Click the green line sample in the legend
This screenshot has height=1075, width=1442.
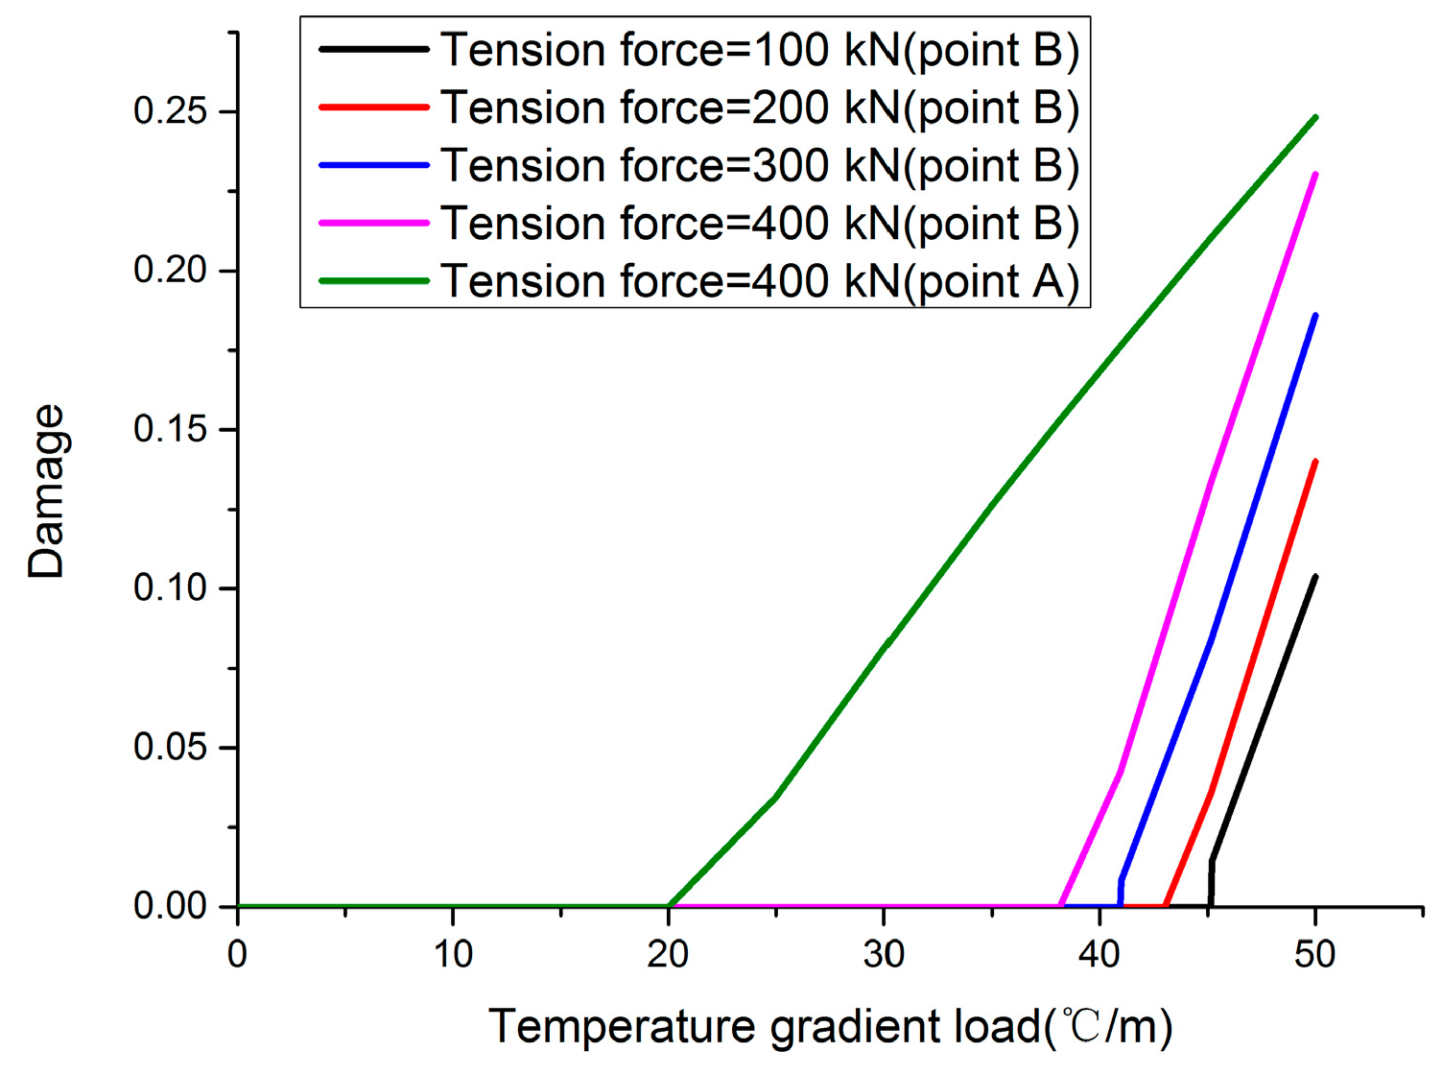point(373,281)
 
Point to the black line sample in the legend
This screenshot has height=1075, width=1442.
point(373,49)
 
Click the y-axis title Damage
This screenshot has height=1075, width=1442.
point(46,490)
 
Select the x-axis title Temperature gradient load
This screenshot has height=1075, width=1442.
point(831,1026)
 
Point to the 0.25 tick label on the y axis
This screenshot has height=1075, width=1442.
point(171,111)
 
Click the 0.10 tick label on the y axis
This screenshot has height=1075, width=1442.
point(171,587)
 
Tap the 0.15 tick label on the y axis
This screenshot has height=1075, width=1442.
point(171,429)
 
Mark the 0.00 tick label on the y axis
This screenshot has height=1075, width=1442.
point(171,905)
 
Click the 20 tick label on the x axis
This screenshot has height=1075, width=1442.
point(668,954)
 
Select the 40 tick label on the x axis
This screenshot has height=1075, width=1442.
point(1099,954)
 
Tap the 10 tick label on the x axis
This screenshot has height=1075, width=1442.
point(453,954)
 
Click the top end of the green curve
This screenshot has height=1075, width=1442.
point(1315,117)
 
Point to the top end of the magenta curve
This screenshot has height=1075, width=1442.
point(1314,174)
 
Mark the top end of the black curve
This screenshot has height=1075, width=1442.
point(1314,577)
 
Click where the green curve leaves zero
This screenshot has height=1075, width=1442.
point(670,905)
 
